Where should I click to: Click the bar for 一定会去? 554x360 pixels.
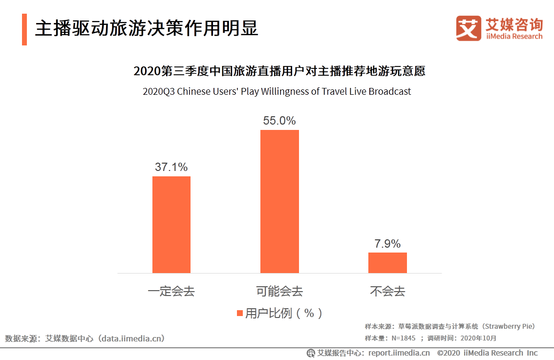pyautogui.click(x=171, y=224)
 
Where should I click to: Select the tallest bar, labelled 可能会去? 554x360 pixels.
pyautogui.click(x=279, y=201)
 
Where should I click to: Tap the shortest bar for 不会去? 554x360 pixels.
pyautogui.click(x=387, y=262)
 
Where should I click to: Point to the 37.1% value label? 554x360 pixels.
pyautogui.click(x=171, y=167)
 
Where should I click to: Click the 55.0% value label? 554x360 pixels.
pyautogui.click(x=279, y=121)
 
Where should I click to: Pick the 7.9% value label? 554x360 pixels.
pyautogui.click(x=387, y=244)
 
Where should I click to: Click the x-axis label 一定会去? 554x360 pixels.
pyautogui.click(x=171, y=292)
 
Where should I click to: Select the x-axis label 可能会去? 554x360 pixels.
pyautogui.click(x=279, y=292)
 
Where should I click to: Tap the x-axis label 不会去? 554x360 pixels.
pyautogui.click(x=387, y=292)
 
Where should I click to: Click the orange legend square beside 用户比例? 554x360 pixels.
pyautogui.click(x=240, y=313)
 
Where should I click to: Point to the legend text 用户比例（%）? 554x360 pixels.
pyautogui.click(x=284, y=313)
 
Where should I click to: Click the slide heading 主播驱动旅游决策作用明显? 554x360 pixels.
pyautogui.click(x=147, y=29)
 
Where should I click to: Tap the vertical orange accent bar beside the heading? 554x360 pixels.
pyautogui.click(x=24, y=29)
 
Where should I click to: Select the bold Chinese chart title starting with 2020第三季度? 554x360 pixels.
pyautogui.click(x=279, y=71)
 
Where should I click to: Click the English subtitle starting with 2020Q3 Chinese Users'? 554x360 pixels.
pyautogui.click(x=277, y=91)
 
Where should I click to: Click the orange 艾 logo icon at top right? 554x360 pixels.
pyautogui.click(x=469, y=28)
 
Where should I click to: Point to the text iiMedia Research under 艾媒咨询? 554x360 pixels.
pyautogui.click(x=514, y=37)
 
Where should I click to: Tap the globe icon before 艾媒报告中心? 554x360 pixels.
pyautogui.click(x=311, y=353)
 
